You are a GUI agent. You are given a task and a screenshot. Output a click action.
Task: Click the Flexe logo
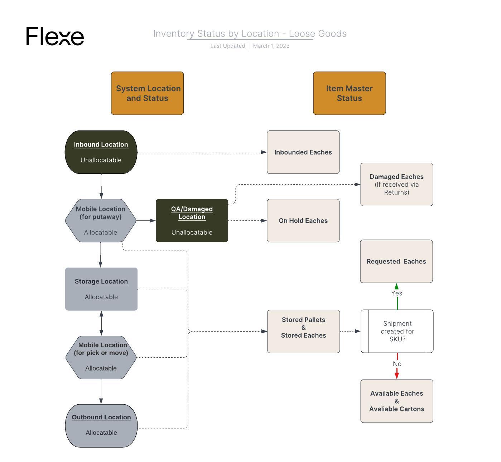coord(55,36)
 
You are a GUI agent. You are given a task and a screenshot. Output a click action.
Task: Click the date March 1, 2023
coord(271,46)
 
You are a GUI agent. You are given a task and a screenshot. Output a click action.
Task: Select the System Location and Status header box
coord(147,93)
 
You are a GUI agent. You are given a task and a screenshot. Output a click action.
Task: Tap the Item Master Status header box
coord(349,93)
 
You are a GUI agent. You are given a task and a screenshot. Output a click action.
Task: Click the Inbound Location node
coord(101,152)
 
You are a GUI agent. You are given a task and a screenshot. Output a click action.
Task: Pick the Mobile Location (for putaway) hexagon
coord(101,220)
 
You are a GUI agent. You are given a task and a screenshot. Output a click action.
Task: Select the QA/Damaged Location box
coord(192,220)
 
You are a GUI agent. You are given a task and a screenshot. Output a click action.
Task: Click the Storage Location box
coord(101,289)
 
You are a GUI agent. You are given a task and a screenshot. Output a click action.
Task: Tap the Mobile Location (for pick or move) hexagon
coord(101,357)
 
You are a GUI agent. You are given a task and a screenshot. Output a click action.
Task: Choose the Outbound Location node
coord(101,425)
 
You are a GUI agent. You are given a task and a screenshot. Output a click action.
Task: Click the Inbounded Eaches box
coord(303,152)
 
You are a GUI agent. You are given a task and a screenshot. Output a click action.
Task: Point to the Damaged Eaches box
coord(396,184)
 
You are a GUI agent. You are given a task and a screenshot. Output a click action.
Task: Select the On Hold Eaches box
coord(303,220)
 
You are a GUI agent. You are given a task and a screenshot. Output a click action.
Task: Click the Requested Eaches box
coord(396,261)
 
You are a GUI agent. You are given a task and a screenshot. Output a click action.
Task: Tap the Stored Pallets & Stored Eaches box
coord(303,331)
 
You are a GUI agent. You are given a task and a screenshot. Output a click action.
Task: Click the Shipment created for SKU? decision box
coord(397,331)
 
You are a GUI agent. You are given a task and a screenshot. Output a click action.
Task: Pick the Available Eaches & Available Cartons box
coord(396,401)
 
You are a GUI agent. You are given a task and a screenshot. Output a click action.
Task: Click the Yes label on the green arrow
coord(396,293)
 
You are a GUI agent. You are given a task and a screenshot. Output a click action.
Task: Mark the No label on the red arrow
coord(397,364)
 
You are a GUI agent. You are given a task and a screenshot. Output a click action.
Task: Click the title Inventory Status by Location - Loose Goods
coord(250,34)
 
